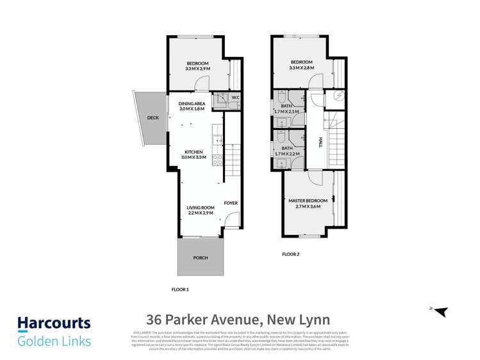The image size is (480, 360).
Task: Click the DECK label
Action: pyautogui.click(x=153, y=118)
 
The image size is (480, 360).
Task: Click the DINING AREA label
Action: pyautogui.click(x=192, y=103)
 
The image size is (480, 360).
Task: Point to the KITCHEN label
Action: pyautogui.click(x=192, y=152)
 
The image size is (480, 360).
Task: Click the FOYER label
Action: pyautogui.click(x=231, y=203)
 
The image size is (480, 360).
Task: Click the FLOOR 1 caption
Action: pyautogui.click(x=180, y=290)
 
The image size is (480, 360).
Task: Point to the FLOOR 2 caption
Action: pyautogui.click(x=291, y=254)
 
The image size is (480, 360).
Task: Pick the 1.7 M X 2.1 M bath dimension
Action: pyautogui.click(x=286, y=112)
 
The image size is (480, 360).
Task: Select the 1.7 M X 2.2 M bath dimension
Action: pyautogui.click(x=286, y=154)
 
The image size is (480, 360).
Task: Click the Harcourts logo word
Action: pyautogui.click(x=54, y=323)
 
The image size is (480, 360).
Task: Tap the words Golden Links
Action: pyautogui.click(x=54, y=341)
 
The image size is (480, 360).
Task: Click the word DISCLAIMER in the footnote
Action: pyautogui.click(x=142, y=333)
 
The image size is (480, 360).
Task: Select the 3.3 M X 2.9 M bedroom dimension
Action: pyautogui.click(x=198, y=68)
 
